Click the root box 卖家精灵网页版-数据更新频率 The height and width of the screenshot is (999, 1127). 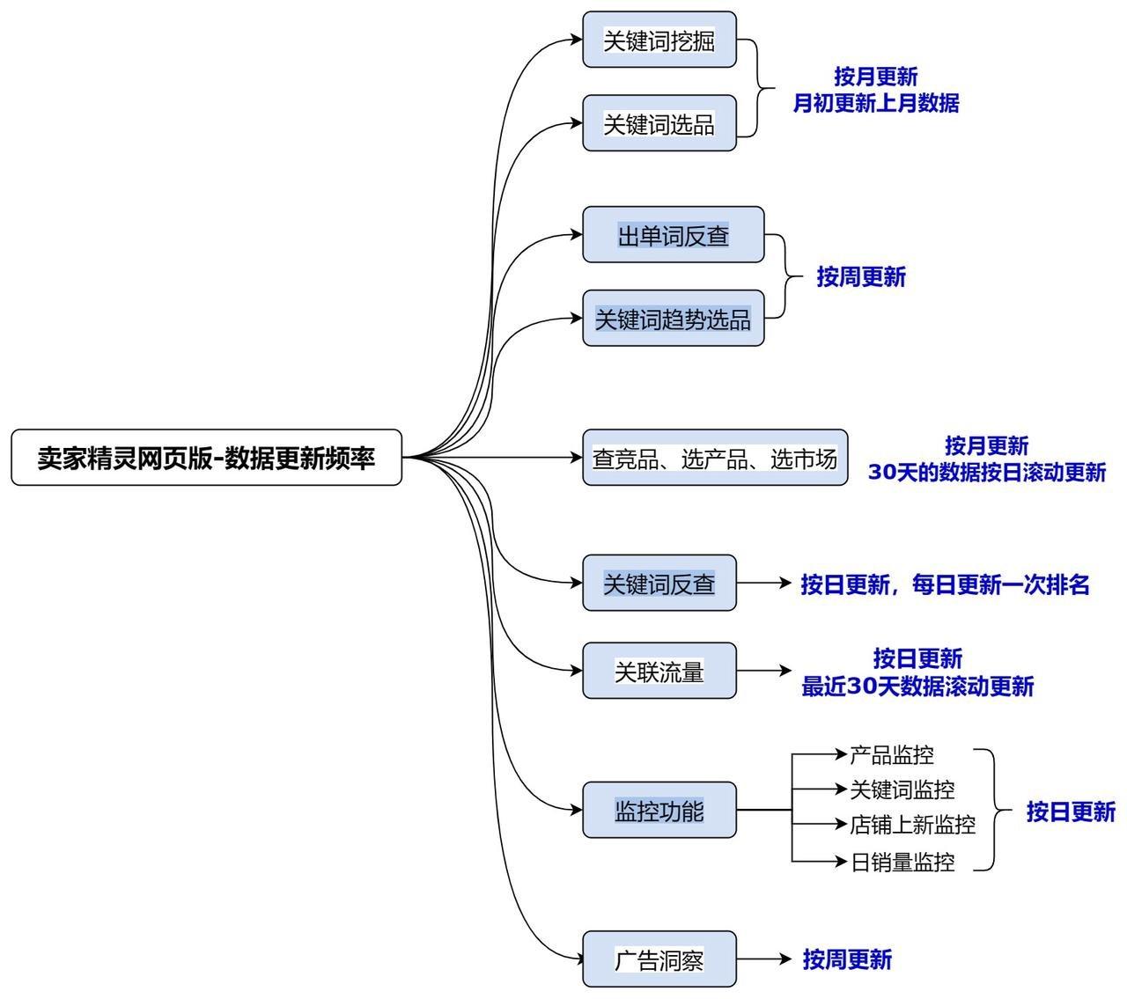[x=206, y=457]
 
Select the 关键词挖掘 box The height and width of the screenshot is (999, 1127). [x=659, y=40]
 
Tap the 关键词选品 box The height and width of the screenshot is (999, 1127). [x=659, y=123]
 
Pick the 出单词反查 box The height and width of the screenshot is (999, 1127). [x=673, y=235]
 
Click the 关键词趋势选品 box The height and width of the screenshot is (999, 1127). [x=673, y=318]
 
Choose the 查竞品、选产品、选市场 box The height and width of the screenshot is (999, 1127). [x=715, y=457]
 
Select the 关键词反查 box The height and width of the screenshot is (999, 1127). [x=659, y=583]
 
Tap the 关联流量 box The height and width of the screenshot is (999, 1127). [x=659, y=671]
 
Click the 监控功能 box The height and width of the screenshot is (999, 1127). [x=659, y=810]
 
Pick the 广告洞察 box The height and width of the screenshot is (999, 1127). [x=659, y=959]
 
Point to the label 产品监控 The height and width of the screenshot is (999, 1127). [x=892, y=755]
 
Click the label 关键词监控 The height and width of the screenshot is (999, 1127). [x=902, y=790]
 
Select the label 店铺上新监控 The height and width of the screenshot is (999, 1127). [x=913, y=825]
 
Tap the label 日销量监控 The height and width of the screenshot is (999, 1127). [x=902, y=863]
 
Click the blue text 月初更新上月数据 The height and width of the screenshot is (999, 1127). [x=875, y=103]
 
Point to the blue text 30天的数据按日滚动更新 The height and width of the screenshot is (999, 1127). [x=987, y=472]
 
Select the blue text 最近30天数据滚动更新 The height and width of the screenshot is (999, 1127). [x=917, y=686]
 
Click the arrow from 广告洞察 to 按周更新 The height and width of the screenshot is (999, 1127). [x=763, y=959]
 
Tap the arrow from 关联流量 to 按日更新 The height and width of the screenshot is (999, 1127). [x=763, y=671]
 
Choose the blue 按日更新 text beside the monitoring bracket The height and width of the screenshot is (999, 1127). [x=1071, y=812]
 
